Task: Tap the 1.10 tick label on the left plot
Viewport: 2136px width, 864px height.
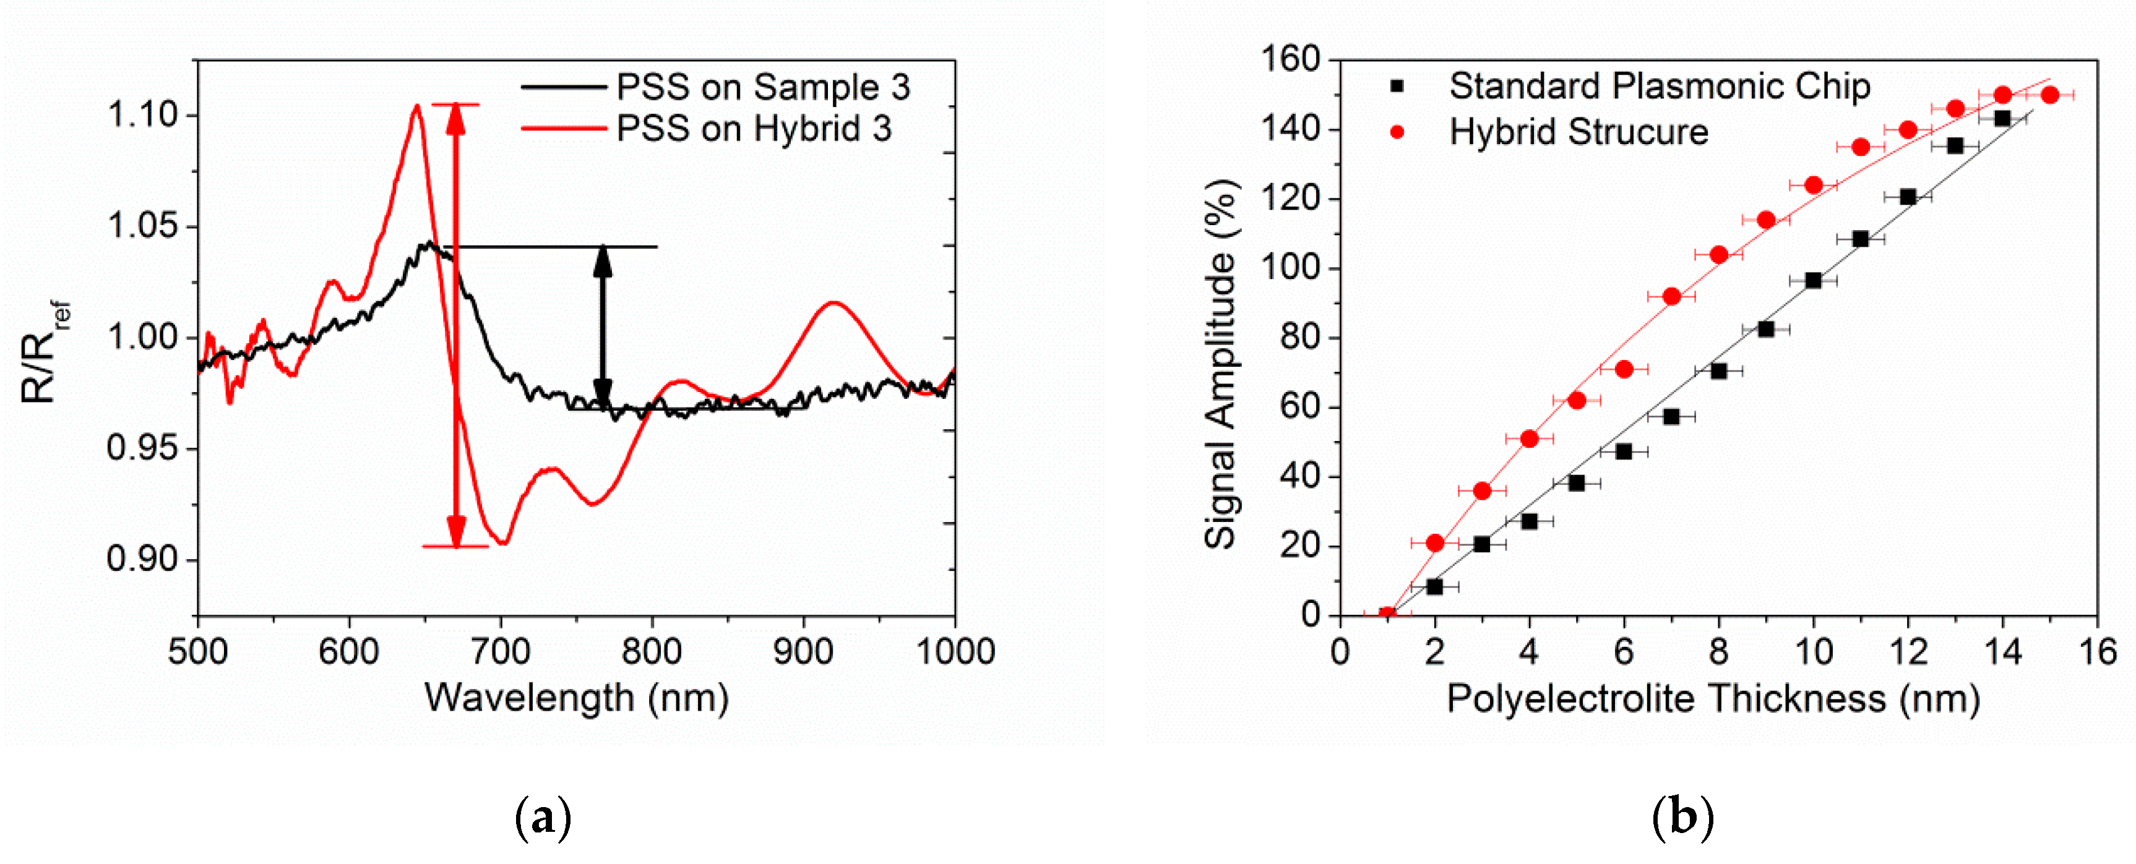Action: tap(142, 114)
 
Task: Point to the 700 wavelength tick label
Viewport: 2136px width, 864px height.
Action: tap(500, 652)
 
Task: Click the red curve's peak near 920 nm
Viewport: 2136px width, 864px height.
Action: tap(833, 304)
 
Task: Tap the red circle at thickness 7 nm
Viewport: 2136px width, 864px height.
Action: tap(1672, 296)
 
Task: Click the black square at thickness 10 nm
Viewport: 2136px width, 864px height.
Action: tap(1814, 280)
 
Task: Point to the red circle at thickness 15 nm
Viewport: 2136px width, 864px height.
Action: tap(2050, 95)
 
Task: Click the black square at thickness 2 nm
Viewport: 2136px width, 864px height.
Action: tap(1434, 586)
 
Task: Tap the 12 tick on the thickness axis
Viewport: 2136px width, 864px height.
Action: tap(1908, 652)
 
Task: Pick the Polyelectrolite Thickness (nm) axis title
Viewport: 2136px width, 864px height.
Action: tap(1713, 698)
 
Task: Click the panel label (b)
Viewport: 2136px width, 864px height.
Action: tap(1682, 818)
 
